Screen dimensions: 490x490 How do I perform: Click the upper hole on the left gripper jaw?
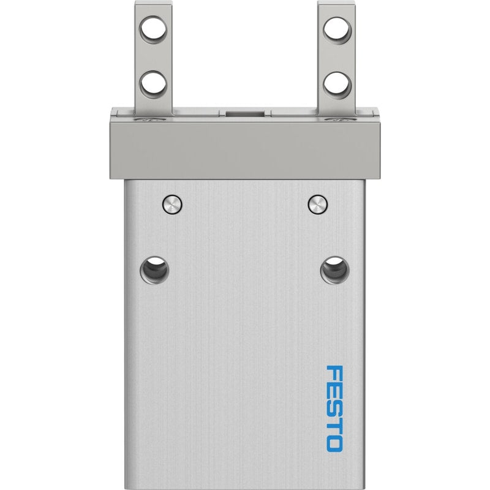153,29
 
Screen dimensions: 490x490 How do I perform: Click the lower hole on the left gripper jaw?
153,85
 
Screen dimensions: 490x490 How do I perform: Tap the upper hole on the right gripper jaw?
337,30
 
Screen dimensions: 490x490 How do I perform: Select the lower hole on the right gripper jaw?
337,85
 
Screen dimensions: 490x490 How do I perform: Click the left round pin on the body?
172,205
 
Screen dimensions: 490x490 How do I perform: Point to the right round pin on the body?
318,205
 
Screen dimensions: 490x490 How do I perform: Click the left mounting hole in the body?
154,270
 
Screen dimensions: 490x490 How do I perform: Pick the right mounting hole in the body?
334,270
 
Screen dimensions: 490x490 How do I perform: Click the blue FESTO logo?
334,409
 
